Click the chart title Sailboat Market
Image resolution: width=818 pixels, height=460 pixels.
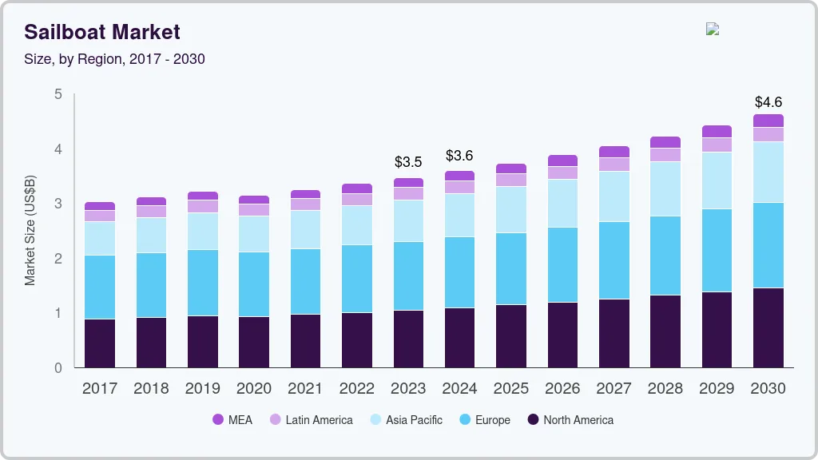102,32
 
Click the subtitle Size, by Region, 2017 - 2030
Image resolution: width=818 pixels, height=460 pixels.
114,59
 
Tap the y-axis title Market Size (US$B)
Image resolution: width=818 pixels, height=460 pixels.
30,232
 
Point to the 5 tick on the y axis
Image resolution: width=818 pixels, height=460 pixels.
58,94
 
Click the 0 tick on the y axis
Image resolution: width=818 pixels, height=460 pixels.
58,368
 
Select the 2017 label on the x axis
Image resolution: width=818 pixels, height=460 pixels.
100,389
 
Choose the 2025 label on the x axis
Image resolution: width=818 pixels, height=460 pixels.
511,389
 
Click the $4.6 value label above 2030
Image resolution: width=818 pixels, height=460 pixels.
768,102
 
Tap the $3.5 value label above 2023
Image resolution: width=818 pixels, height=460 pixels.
408,162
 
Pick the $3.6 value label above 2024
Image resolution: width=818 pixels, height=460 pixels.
459,156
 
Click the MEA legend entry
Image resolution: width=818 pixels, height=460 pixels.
232,420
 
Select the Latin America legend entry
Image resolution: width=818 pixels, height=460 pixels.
311,420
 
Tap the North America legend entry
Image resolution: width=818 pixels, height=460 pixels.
570,420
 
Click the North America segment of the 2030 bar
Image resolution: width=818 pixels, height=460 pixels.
768,327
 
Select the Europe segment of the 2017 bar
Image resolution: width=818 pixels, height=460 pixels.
100,287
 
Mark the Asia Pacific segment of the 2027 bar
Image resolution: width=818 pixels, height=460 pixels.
614,196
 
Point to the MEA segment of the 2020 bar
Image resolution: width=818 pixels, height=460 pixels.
254,200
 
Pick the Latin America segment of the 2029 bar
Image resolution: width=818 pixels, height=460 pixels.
717,145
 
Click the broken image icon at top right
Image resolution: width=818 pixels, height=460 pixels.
713,30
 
